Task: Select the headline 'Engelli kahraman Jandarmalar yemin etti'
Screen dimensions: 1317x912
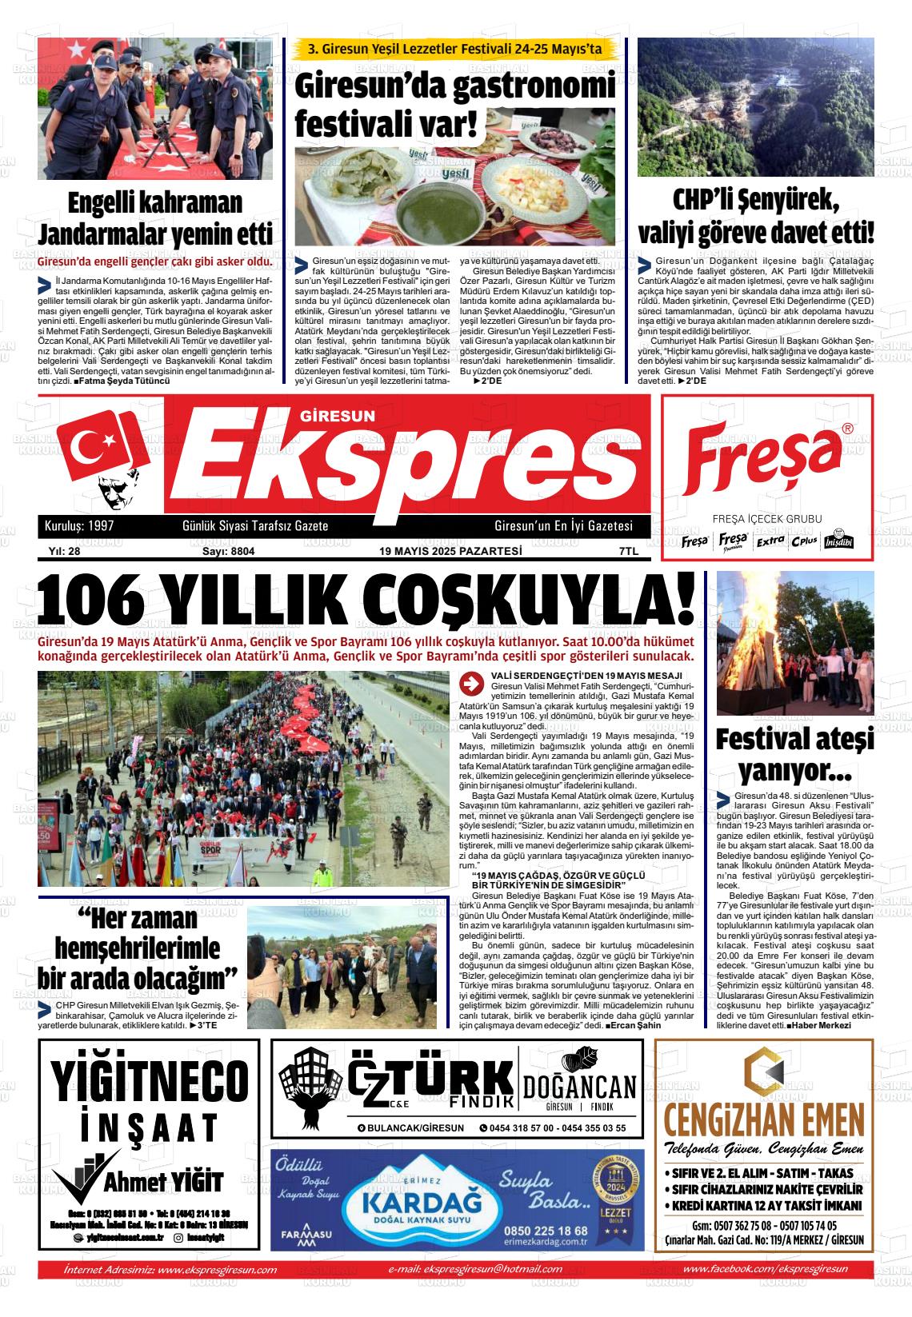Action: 155,218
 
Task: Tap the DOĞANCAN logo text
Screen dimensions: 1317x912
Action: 580,1086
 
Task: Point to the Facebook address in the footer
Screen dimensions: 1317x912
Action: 766,1269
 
